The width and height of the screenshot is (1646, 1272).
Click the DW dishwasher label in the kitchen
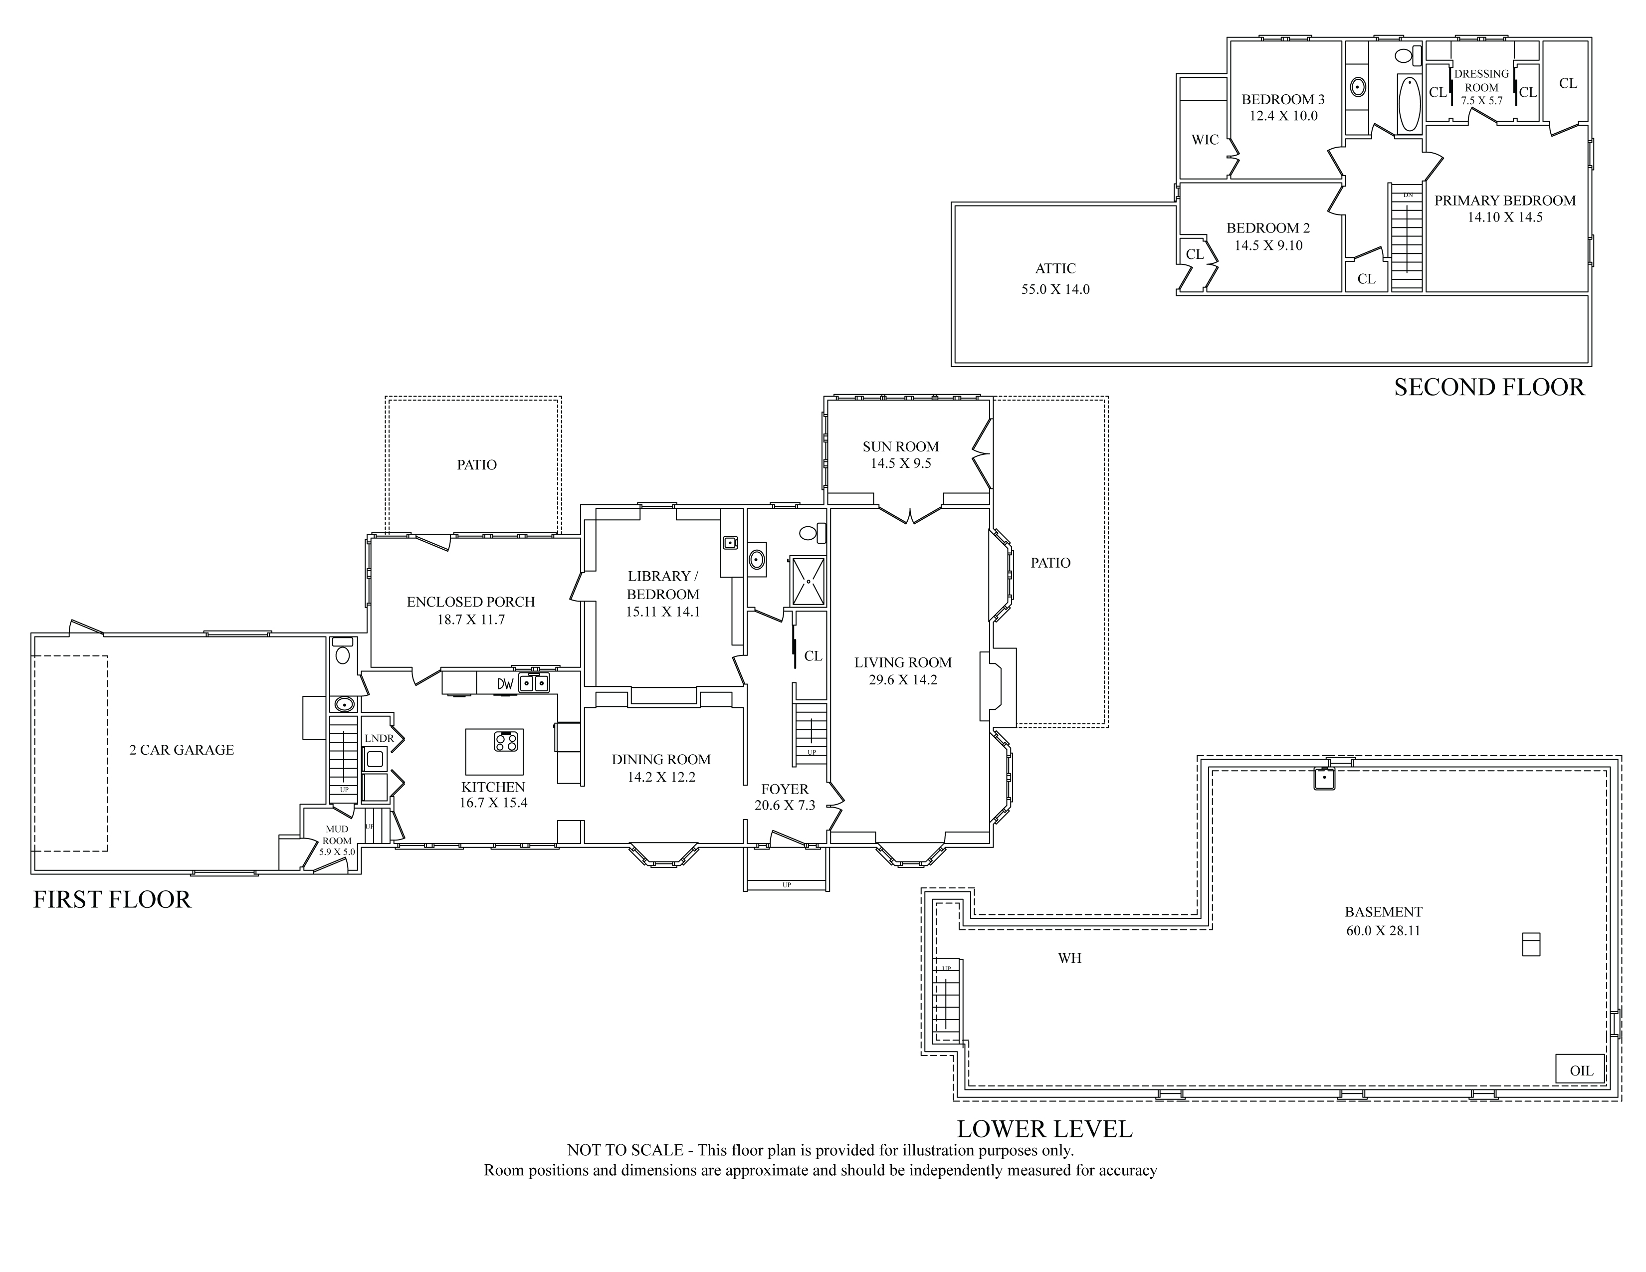point(505,684)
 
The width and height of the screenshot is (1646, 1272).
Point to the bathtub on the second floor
point(1409,103)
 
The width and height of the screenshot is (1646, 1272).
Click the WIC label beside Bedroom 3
point(1205,139)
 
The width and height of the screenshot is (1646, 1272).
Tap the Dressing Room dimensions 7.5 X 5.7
point(1482,100)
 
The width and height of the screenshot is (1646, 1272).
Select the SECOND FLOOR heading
point(1489,387)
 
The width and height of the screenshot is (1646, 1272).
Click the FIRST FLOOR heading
point(112,900)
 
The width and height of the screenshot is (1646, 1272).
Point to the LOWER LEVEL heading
point(1044,1129)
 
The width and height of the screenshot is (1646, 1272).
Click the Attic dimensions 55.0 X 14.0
point(1055,289)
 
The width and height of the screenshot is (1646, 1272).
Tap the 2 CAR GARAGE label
point(182,750)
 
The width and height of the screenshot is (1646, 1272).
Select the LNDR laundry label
point(379,738)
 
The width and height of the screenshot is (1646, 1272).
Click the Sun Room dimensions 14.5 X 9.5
point(901,463)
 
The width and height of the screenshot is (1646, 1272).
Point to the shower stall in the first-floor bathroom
point(807,581)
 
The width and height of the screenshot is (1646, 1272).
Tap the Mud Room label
point(337,835)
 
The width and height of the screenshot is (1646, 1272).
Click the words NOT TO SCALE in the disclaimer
point(625,1151)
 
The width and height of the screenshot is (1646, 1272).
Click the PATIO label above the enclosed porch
point(477,465)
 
